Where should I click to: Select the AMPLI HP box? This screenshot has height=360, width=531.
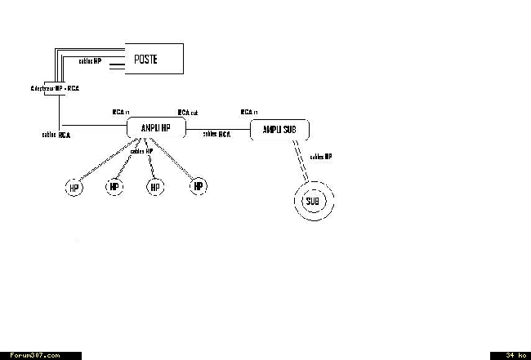click(x=157, y=128)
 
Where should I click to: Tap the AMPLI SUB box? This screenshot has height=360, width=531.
click(x=279, y=129)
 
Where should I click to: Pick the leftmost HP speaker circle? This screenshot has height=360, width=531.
click(x=74, y=189)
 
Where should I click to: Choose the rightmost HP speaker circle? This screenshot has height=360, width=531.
click(x=197, y=187)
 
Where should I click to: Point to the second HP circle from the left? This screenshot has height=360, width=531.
click(x=114, y=188)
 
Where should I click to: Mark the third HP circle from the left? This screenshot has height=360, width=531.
click(x=154, y=188)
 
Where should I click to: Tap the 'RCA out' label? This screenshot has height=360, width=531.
click(x=188, y=112)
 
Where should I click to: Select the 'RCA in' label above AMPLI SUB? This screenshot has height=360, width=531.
click(x=249, y=112)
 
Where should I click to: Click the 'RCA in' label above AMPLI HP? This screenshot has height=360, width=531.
click(x=122, y=112)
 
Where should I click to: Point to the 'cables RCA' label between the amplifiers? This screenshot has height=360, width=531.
click(x=216, y=134)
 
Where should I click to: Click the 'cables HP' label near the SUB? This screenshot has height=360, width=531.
click(x=321, y=156)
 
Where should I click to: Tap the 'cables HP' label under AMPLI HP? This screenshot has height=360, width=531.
click(x=142, y=151)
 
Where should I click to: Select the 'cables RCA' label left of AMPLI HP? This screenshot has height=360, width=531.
click(x=56, y=134)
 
